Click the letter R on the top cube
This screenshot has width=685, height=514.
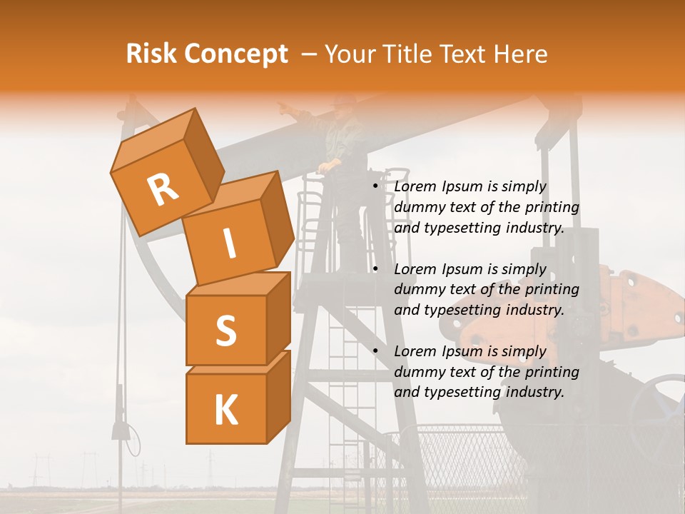163,191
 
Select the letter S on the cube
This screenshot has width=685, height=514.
225,331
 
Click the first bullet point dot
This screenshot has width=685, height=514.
375,187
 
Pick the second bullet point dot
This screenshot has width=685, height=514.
375,269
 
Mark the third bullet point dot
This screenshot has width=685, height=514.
375,351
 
